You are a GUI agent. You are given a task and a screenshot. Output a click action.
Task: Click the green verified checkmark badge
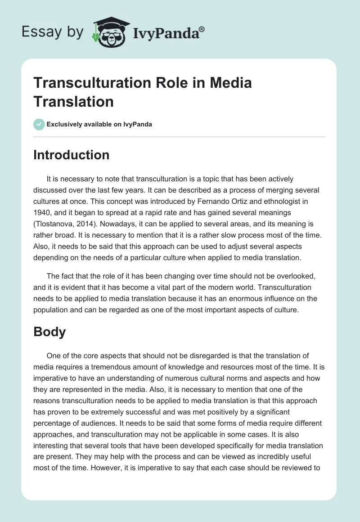point(39,124)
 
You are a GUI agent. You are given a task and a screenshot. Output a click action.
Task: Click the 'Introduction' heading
point(72,155)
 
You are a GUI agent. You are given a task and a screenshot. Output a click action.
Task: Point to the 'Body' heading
point(49,332)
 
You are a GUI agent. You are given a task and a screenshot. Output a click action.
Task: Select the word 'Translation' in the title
point(73,102)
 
